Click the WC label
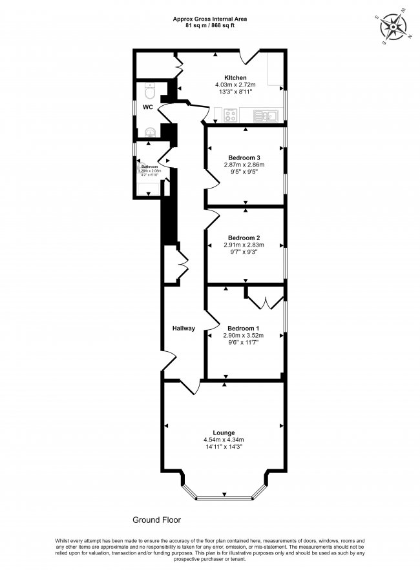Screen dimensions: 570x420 click(148, 107)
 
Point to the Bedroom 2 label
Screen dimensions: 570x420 click(244, 237)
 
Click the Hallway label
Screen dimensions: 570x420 click(184, 329)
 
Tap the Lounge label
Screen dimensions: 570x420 click(224, 433)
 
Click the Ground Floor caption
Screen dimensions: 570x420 click(157, 519)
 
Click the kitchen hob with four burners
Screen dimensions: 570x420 click(231, 116)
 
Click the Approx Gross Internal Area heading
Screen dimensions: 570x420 click(209, 19)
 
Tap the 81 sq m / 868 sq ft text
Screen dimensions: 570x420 click(209, 26)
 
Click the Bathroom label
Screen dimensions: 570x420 click(149, 166)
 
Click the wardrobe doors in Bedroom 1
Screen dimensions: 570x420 click(265, 298)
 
